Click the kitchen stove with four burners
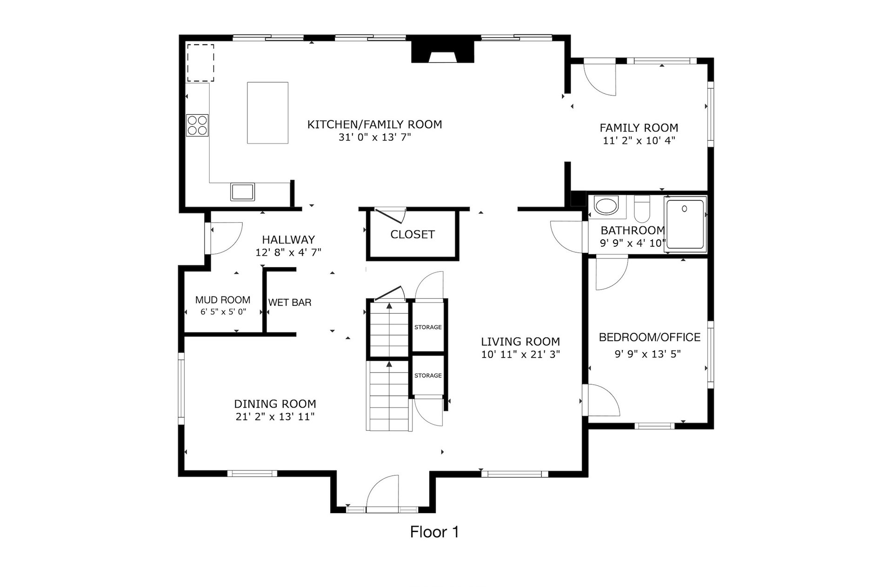(197, 125)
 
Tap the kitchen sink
(242, 191)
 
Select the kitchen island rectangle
(267, 113)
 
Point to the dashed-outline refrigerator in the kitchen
(200, 63)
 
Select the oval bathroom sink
(606, 206)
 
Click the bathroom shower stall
(685, 225)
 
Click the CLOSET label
(413, 234)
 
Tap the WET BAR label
(290, 302)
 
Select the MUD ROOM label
(223, 300)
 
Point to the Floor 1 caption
(434, 532)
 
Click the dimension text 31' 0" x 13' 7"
(375, 137)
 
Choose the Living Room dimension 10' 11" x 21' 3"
(520, 354)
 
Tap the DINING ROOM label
(275, 404)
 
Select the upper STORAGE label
(428, 327)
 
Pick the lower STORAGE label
(428, 376)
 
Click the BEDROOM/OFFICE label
(649, 337)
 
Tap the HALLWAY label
(288, 239)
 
